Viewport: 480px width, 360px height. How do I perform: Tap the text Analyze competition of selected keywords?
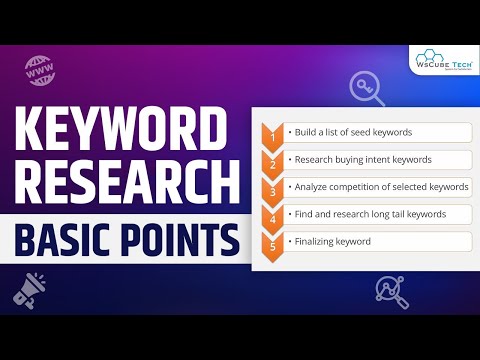[x=369, y=187]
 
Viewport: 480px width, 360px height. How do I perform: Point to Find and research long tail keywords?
[x=365, y=214]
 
